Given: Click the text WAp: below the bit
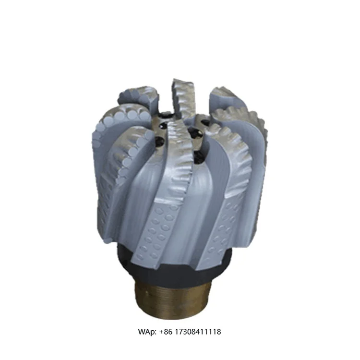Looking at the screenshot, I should point(146,332).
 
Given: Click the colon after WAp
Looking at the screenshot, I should point(155,332).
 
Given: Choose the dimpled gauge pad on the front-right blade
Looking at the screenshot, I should point(222,226).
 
